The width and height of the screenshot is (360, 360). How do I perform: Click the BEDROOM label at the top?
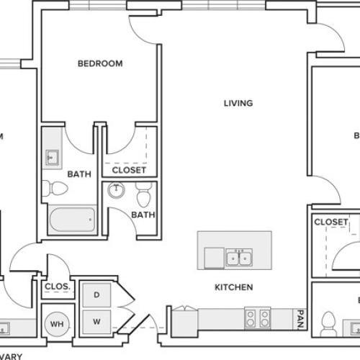coord(100,63)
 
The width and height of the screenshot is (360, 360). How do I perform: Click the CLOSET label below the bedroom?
coord(130,171)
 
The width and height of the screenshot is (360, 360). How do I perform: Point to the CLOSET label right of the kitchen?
coord(331,222)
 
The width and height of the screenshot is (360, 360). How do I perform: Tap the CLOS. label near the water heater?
coord(57,287)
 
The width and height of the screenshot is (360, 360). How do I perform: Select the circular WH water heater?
coord(56,323)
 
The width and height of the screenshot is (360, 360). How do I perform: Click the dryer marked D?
coord(96,294)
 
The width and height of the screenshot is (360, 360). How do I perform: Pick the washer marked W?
coord(96,320)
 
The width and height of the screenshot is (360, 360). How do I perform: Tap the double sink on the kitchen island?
coord(238,258)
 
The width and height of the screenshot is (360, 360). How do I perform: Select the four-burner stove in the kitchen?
coord(257,318)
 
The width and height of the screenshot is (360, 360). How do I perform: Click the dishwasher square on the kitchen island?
coord(214,258)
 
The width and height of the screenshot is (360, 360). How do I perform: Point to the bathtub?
coord(71,220)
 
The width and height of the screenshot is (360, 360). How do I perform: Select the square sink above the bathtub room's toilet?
coord(53,157)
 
